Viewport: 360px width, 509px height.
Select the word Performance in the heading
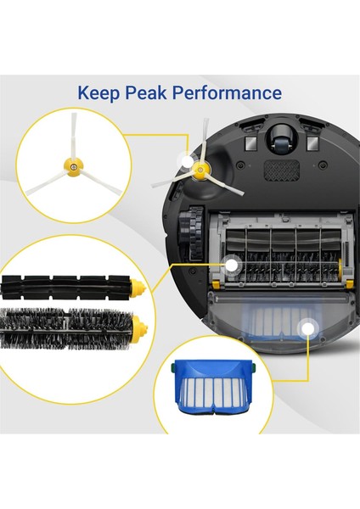tap(230, 92)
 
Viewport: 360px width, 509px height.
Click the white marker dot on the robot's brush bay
tap(230, 266)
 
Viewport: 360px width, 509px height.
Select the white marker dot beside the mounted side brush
tap(184, 159)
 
